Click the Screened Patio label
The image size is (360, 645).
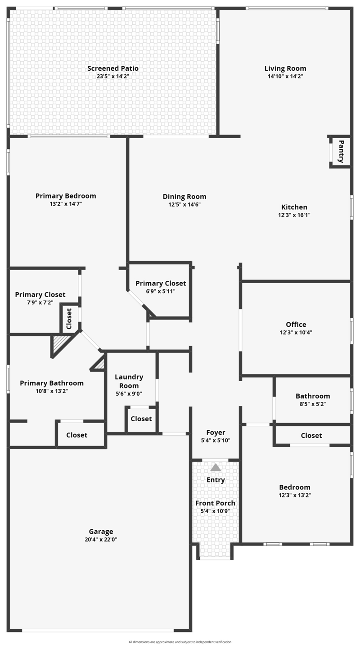(113, 68)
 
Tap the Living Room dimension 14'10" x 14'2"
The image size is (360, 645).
(285, 77)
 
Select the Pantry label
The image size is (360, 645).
(341, 151)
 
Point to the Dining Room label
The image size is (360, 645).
(184, 197)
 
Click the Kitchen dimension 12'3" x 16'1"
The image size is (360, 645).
(294, 215)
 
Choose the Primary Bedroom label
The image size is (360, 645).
(66, 196)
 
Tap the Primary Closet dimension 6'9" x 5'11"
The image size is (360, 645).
(161, 291)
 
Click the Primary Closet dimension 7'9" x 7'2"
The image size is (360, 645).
(40, 302)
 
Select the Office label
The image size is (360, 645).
(296, 325)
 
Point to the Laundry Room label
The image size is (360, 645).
(129, 381)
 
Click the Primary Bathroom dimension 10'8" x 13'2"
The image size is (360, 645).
(52, 391)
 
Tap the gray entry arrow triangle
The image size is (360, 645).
(216, 467)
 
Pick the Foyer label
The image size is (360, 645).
(216, 433)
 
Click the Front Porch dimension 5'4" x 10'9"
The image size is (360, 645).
(215, 511)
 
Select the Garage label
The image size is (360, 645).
(101, 532)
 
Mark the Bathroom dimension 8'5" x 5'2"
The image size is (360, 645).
(313, 404)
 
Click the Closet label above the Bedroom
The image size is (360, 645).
(311, 435)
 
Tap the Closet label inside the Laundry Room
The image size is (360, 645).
(141, 419)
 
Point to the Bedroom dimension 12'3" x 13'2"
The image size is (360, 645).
(295, 495)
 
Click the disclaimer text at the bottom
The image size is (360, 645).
(180, 642)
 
